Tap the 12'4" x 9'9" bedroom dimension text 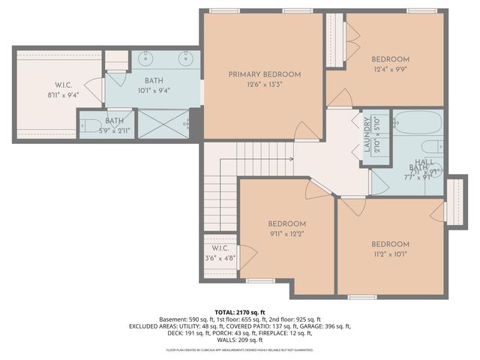(x=390, y=70)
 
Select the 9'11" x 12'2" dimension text (x=287, y=233)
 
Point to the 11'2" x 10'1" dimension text (x=390, y=254)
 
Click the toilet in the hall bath (x=430, y=146)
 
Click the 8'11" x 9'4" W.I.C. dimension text (x=61, y=95)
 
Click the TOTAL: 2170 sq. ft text (x=240, y=311)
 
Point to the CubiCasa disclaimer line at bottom (x=240, y=349)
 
